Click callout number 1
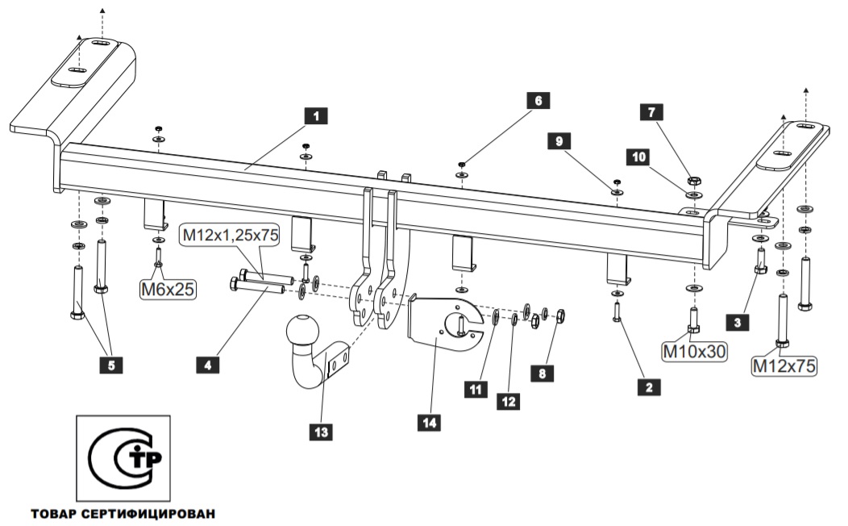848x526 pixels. (x=316, y=116)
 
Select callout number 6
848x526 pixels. (x=538, y=101)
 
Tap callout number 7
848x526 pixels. (x=651, y=112)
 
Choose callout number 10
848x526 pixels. (x=638, y=157)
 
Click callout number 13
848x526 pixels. (x=322, y=432)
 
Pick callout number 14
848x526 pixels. (x=430, y=422)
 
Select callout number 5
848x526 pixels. (x=111, y=365)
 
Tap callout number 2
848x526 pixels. (x=649, y=387)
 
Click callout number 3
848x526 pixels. (x=738, y=323)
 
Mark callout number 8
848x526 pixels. (x=542, y=373)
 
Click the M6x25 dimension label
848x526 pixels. (x=168, y=290)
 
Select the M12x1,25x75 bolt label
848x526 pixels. (x=231, y=235)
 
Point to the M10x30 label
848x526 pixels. (x=694, y=351)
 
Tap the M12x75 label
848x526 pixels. (x=784, y=365)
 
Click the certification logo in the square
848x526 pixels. (x=124, y=458)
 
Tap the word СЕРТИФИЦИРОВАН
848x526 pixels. (x=148, y=514)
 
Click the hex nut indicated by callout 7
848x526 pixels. (x=694, y=181)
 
